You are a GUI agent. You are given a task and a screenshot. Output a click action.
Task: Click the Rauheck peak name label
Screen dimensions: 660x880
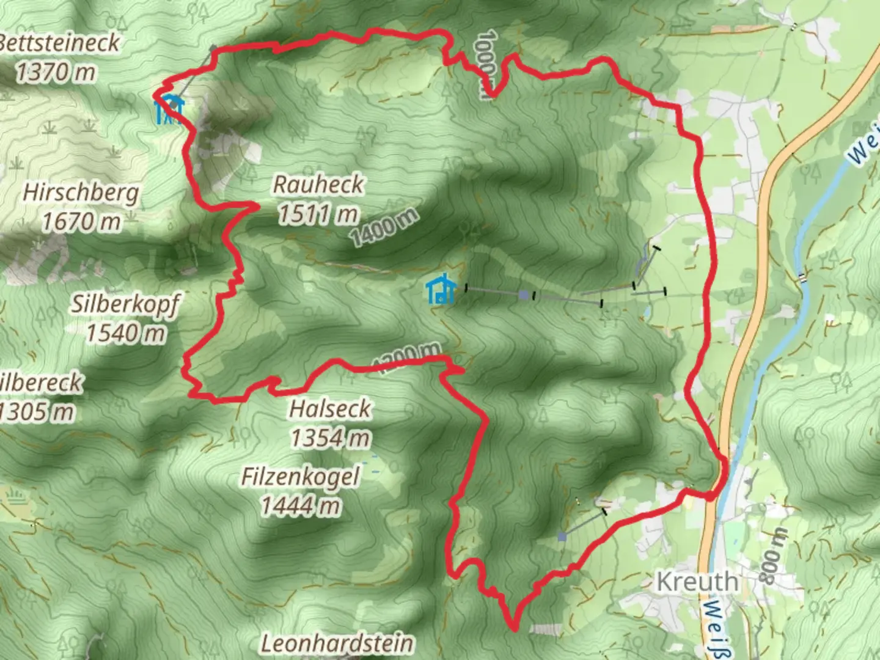click(x=318, y=184)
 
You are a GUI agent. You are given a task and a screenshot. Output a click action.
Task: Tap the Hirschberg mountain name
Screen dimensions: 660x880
click(x=81, y=193)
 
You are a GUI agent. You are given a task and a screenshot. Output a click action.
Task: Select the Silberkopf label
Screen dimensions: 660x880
click(x=125, y=303)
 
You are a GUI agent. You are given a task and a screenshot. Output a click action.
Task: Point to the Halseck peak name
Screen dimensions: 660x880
click(x=330, y=408)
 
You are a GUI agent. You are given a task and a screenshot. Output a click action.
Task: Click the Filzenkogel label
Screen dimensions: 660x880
click(x=300, y=477)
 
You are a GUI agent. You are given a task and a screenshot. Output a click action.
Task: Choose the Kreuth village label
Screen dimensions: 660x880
click(x=697, y=581)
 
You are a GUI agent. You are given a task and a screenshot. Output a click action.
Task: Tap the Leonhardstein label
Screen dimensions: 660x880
click(x=337, y=643)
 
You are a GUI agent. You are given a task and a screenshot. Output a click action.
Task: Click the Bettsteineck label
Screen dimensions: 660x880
click(x=59, y=43)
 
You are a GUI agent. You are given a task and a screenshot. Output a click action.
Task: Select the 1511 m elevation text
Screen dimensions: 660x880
click(x=318, y=214)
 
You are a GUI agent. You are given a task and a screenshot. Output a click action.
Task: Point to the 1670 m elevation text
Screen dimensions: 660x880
click(x=81, y=222)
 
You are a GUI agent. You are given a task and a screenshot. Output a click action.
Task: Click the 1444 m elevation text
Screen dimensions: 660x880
click(x=300, y=506)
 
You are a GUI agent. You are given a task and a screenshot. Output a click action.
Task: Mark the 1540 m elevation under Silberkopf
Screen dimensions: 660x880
click(x=125, y=333)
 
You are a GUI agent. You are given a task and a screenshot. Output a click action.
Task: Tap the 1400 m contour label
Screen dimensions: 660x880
click(x=385, y=227)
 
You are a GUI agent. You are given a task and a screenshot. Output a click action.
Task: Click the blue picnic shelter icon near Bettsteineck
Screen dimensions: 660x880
click(x=168, y=109)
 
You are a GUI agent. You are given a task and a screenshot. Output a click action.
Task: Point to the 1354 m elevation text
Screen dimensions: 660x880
click(x=330, y=438)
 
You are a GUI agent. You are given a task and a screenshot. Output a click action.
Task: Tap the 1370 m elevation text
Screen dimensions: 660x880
click(x=55, y=73)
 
